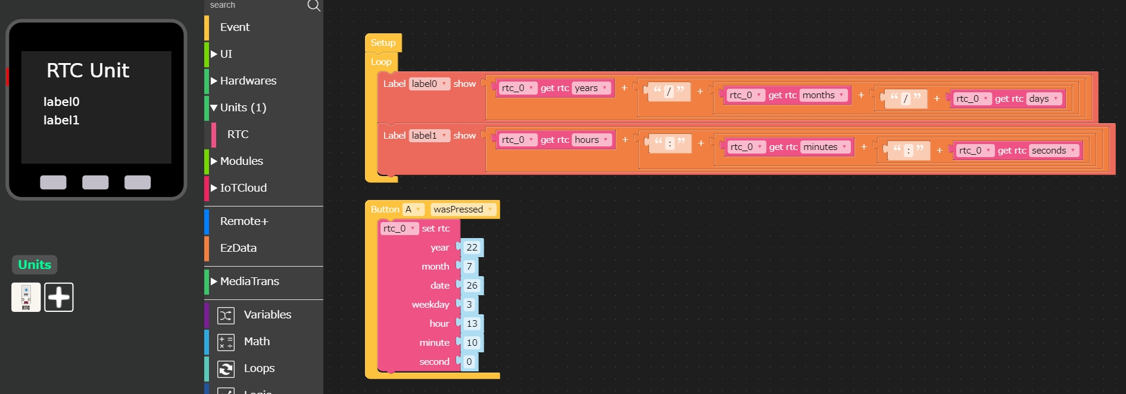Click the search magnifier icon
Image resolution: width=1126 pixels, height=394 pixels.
[x=313, y=5]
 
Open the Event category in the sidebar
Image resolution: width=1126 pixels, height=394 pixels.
[x=235, y=27]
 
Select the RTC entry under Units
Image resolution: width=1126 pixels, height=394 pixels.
[x=238, y=135]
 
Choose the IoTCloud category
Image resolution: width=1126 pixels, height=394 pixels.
[x=243, y=188]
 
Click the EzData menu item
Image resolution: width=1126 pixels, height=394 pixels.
[x=238, y=248]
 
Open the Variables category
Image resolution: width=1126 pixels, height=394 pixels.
[x=267, y=315]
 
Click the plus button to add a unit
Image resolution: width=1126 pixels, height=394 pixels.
[x=59, y=297]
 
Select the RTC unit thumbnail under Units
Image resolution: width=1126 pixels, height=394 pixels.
[x=26, y=297]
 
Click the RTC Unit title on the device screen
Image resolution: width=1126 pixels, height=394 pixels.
[x=88, y=71]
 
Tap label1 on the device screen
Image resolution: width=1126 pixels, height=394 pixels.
[x=61, y=120]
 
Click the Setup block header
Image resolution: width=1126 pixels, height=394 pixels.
[x=383, y=43]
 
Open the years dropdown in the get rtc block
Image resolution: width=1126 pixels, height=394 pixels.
[x=591, y=88]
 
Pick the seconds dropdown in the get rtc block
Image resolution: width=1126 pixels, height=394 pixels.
[x=1053, y=151]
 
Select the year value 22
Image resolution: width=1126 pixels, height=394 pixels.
[x=472, y=248]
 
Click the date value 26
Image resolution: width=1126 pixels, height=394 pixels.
[x=472, y=286]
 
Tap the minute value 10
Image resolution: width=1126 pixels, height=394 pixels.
[x=472, y=343]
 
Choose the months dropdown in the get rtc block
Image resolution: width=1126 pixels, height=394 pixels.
[x=823, y=95]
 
